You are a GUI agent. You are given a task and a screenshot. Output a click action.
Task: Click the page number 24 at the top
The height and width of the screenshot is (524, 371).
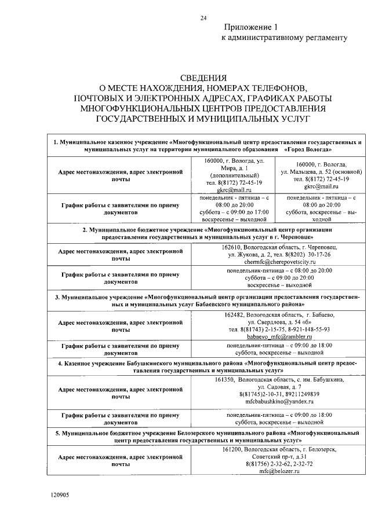tap(203, 18)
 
